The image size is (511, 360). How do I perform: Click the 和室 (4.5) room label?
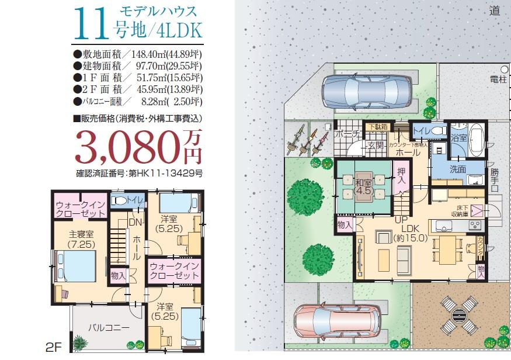click(x=364, y=186)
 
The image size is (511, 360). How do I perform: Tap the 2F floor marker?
click(x=54, y=347)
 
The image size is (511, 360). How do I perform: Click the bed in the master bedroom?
click(x=78, y=269)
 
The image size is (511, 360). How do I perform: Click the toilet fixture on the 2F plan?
click(x=120, y=200)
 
